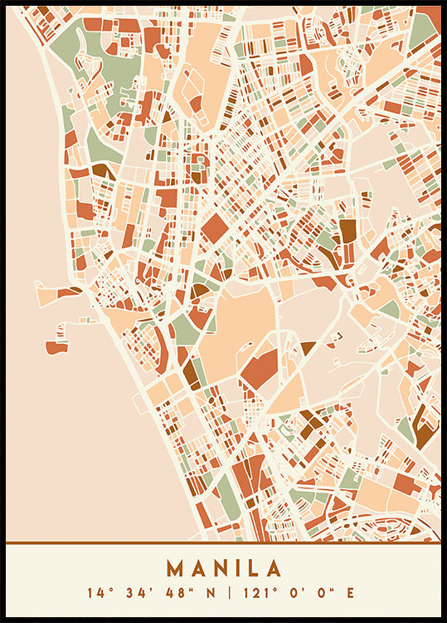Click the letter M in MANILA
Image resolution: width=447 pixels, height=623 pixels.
pos(177,569)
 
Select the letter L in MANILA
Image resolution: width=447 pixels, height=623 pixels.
pos(253,569)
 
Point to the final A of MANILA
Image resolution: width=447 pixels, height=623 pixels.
pos(274,569)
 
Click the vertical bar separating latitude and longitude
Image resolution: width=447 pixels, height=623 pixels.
pos(224,593)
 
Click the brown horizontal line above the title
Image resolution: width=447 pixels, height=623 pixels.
pos(223,543)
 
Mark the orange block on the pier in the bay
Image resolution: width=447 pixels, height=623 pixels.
pos(56,346)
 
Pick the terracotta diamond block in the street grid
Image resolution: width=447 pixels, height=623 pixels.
pos(215,228)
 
